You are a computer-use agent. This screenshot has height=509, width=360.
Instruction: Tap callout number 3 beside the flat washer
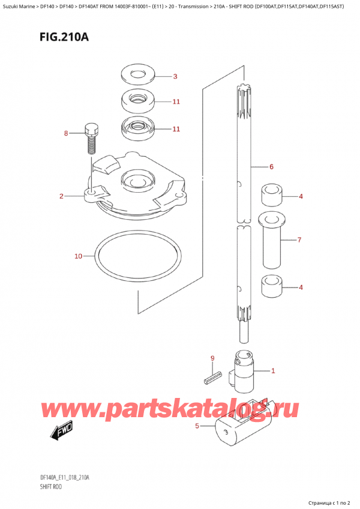pyautogui.click(x=175, y=76)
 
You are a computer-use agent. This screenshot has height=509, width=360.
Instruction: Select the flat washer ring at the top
pyautogui.click(x=138, y=76)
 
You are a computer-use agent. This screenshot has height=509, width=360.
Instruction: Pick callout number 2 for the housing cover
pyautogui.click(x=61, y=196)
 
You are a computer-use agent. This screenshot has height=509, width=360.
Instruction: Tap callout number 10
pyautogui.click(x=78, y=257)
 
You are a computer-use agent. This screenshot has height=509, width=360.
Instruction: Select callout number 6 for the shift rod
pyautogui.click(x=271, y=166)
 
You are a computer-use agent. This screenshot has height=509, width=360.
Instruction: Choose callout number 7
pyautogui.click(x=299, y=240)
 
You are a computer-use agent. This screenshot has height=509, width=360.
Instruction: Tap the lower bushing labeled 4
pyautogui.click(x=272, y=287)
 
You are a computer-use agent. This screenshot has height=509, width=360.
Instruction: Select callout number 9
pyautogui.click(x=212, y=359)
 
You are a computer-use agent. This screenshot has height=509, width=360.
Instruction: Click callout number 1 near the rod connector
pyautogui.click(x=273, y=370)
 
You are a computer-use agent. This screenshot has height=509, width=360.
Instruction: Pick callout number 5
pyautogui.click(x=197, y=427)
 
